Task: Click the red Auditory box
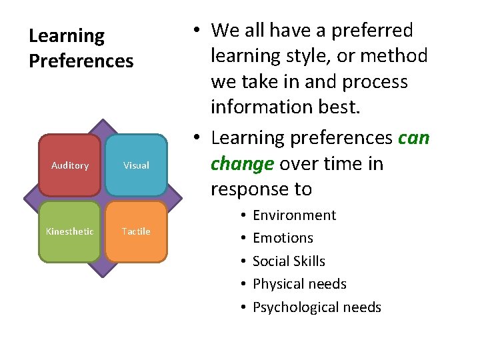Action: [x=70, y=165]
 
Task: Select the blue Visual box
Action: [x=136, y=165]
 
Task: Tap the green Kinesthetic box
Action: [x=70, y=231]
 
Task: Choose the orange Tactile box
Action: [x=136, y=231]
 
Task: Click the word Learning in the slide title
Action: [x=67, y=36]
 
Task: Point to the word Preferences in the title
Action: [x=81, y=61]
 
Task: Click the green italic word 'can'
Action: [x=414, y=138]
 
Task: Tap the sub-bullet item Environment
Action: [x=294, y=215]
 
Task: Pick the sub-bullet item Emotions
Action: [x=283, y=238]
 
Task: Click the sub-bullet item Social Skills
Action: [x=289, y=261]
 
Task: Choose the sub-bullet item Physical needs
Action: [x=299, y=284]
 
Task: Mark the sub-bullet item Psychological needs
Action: [x=317, y=307]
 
